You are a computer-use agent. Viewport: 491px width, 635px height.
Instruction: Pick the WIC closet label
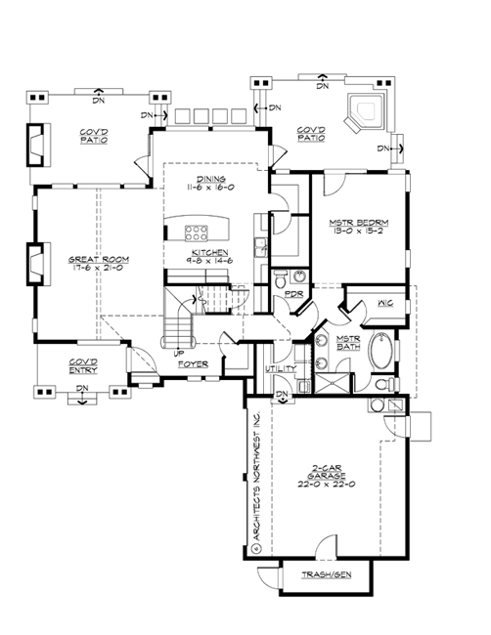coord(384,304)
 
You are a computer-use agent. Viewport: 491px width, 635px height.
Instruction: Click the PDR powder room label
coord(290,293)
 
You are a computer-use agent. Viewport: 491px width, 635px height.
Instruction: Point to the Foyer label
coord(191,362)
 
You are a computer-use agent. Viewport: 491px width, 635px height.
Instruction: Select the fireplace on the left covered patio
coord(38,145)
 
